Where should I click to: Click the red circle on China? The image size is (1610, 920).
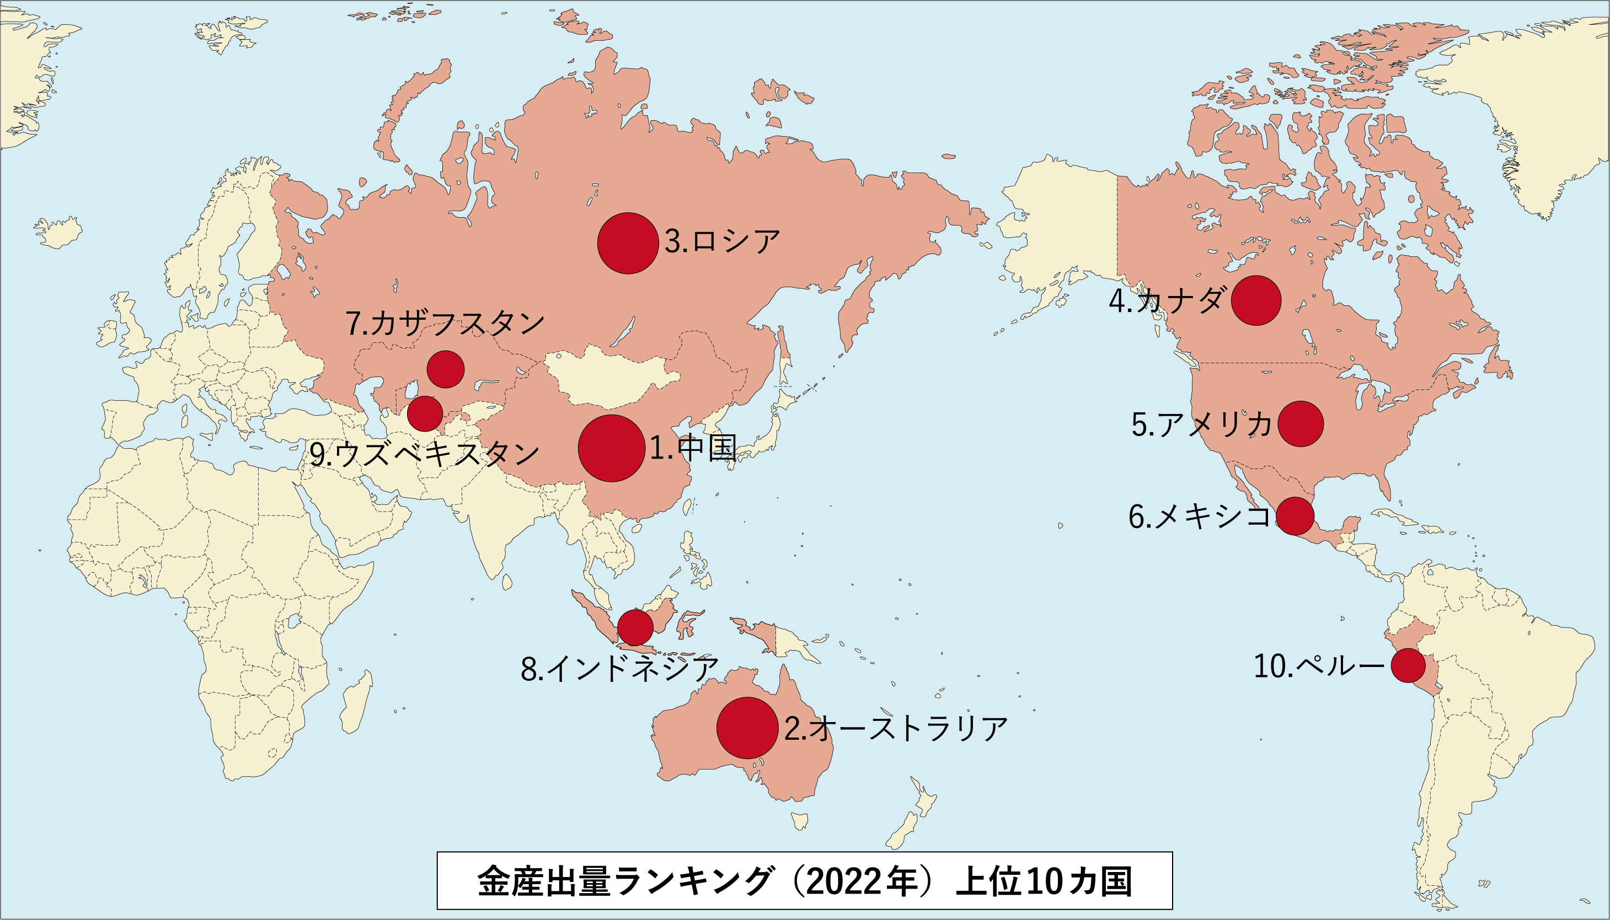click(611, 448)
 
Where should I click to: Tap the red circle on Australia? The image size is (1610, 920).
click(747, 728)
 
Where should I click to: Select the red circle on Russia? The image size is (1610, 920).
click(628, 243)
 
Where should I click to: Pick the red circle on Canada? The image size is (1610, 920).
click(1256, 301)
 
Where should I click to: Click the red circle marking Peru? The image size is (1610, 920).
click(1408, 665)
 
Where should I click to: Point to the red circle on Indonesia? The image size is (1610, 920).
click(635, 627)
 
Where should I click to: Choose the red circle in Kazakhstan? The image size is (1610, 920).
click(446, 369)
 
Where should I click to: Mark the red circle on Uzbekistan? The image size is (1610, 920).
click(425, 414)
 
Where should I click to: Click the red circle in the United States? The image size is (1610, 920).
click(1300, 424)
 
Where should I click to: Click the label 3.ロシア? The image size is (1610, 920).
click(722, 242)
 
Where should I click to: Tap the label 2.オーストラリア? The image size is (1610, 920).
click(896, 729)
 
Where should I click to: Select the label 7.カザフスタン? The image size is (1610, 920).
click(445, 324)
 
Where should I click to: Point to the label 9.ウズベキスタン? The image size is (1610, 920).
click(424, 454)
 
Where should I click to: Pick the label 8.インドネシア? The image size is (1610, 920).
click(619, 669)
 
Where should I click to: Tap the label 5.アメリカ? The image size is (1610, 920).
click(1201, 424)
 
